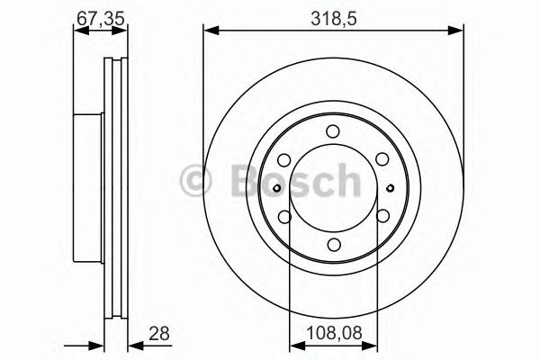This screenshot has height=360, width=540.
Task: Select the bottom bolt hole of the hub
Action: click(333, 244)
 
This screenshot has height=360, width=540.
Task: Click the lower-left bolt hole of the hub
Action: click(283, 216)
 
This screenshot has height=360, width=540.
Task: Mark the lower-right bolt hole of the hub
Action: click(382, 216)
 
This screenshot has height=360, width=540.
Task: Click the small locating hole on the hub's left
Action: click(277, 187)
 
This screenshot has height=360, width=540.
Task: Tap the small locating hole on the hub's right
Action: click(389, 187)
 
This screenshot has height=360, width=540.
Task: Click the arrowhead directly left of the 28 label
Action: click(129, 346)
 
